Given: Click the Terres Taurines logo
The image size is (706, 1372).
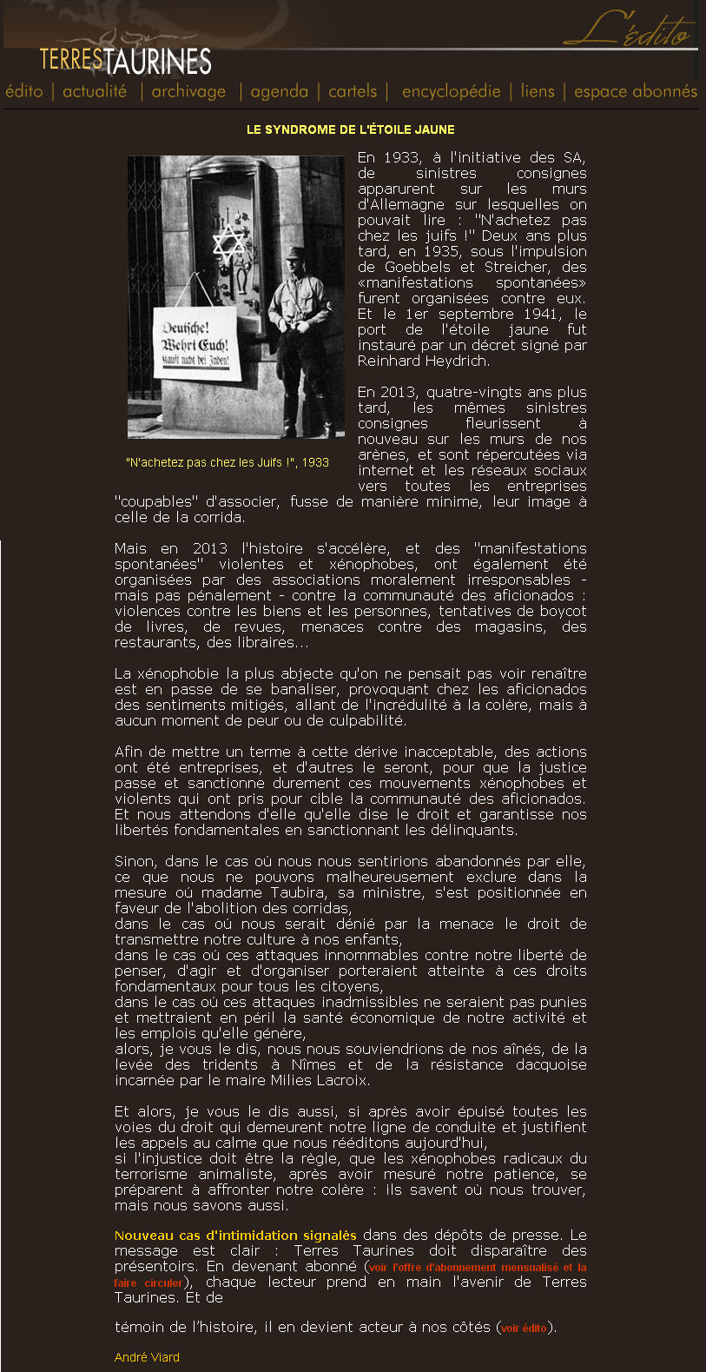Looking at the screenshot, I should pyautogui.click(x=126, y=61).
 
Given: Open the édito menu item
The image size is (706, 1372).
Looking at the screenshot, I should pyautogui.click(x=24, y=91).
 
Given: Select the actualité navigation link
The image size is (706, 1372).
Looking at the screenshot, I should pyautogui.click(x=95, y=91).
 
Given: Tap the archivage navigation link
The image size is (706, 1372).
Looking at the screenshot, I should pyautogui.click(x=188, y=91).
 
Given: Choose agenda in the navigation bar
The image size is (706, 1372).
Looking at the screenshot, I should pyautogui.click(x=279, y=91).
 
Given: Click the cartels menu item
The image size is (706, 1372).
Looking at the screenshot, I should pyautogui.click(x=353, y=91).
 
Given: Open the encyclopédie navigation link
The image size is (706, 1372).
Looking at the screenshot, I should pyautogui.click(x=451, y=91).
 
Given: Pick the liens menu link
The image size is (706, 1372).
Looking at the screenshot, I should pyautogui.click(x=538, y=91).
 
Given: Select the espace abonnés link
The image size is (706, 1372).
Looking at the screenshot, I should pyautogui.click(x=636, y=91).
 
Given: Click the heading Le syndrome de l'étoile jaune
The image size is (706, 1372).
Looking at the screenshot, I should pyautogui.click(x=351, y=129).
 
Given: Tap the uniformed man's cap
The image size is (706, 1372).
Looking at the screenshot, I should pyautogui.click(x=295, y=253).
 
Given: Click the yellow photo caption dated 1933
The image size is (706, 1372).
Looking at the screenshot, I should pyautogui.click(x=228, y=462).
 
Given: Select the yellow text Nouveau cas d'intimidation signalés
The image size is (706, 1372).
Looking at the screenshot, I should pyautogui.click(x=235, y=1235).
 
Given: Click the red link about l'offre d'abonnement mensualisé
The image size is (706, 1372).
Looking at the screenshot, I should pyautogui.click(x=478, y=1267).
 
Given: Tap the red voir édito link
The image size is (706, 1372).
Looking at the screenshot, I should pyautogui.click(x=525, y=1328).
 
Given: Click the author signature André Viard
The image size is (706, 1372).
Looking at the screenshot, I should pyautogui.click(x=147, y=1357).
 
